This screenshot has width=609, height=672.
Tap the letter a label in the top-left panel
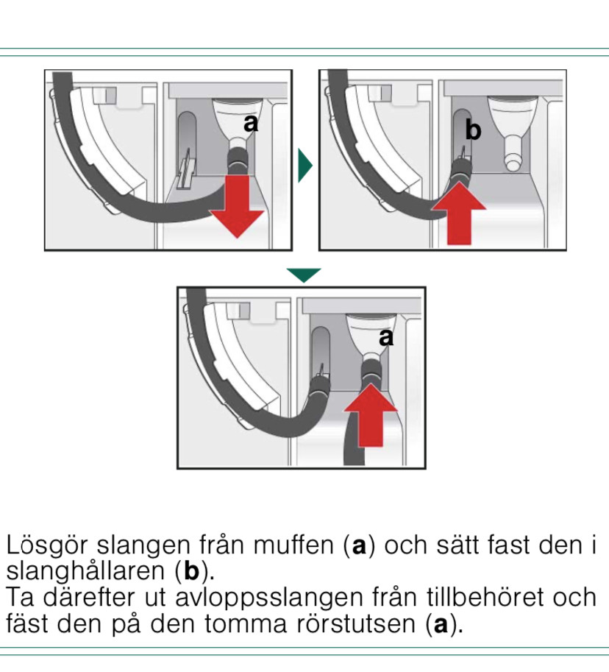point(252,123)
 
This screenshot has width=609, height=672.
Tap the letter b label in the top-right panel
point(473,131)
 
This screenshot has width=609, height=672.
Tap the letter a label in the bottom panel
point(385,337)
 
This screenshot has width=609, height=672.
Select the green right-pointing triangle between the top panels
point(304,165)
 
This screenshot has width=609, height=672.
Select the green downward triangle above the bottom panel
point(304,275)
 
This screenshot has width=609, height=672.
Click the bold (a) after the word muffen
point(359,547)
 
